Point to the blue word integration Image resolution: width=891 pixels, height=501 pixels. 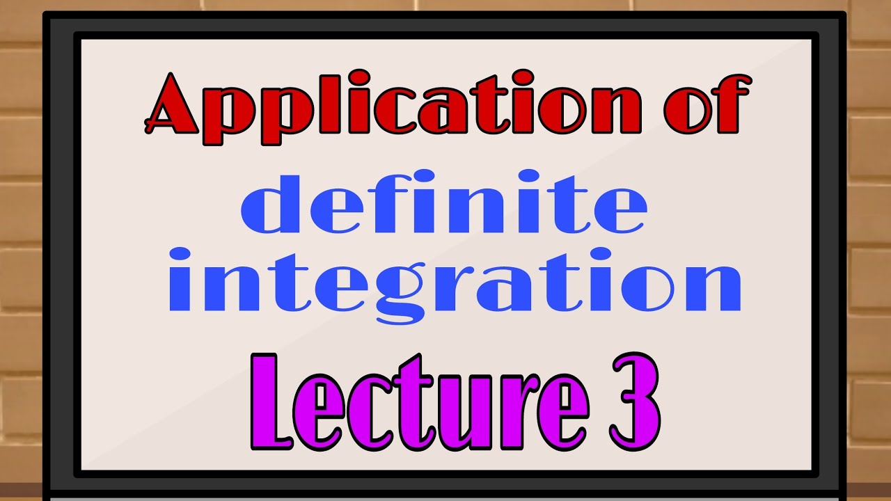455,282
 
